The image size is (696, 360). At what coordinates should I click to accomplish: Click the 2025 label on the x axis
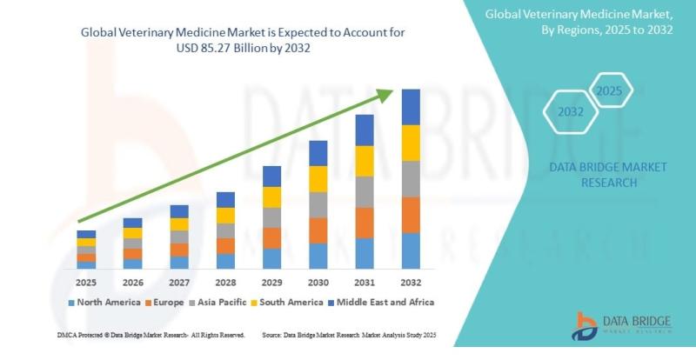coord(86,283)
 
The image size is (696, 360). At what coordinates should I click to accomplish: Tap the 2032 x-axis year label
coord(410,283)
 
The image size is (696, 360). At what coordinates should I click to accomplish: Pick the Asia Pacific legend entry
coord(229,302)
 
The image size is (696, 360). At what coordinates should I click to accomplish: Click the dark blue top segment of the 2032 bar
coord(411,107)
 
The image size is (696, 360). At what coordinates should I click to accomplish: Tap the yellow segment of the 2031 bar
coord(364,161)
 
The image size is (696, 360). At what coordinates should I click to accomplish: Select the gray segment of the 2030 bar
coord(318,204)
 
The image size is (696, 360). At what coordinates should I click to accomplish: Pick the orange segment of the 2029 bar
coord(272,238)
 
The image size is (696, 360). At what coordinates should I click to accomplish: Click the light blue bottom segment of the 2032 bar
coord(411,250)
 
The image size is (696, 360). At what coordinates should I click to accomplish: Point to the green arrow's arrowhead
coord(391,91)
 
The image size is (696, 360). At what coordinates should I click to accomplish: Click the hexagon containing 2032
coord(571,112)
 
